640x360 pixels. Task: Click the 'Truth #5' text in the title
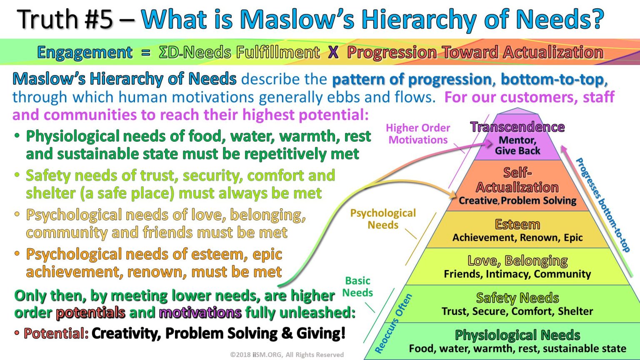tap(66, 19)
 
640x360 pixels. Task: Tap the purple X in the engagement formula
tap(333, 52)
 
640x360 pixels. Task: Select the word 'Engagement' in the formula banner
tap(85, 52)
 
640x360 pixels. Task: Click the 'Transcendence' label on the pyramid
tap(517, 127)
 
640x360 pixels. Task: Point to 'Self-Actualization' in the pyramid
tap(517, 180)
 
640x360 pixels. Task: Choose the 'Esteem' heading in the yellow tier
tap(517, 225)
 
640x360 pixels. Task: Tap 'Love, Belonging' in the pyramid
tap(517, 261)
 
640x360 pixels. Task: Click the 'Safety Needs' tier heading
tap(517, 298)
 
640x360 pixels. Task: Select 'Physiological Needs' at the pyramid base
tap(517, 335)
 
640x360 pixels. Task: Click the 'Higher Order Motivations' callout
tap(418, 134)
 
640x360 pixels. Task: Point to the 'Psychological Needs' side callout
tap(383, 219)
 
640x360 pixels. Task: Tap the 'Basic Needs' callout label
tap(357, 287)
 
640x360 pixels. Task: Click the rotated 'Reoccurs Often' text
tap(393, 323)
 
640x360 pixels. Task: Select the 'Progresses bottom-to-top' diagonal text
tap(602, 205)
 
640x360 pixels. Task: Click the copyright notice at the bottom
tap(287, 355)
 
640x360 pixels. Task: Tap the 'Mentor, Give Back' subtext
tap(517, 145)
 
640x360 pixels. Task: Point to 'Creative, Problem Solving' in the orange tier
tap(517, 201)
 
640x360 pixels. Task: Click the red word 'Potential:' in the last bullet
tap(56, 333)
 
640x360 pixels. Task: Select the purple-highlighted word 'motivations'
tap(200, 312)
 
